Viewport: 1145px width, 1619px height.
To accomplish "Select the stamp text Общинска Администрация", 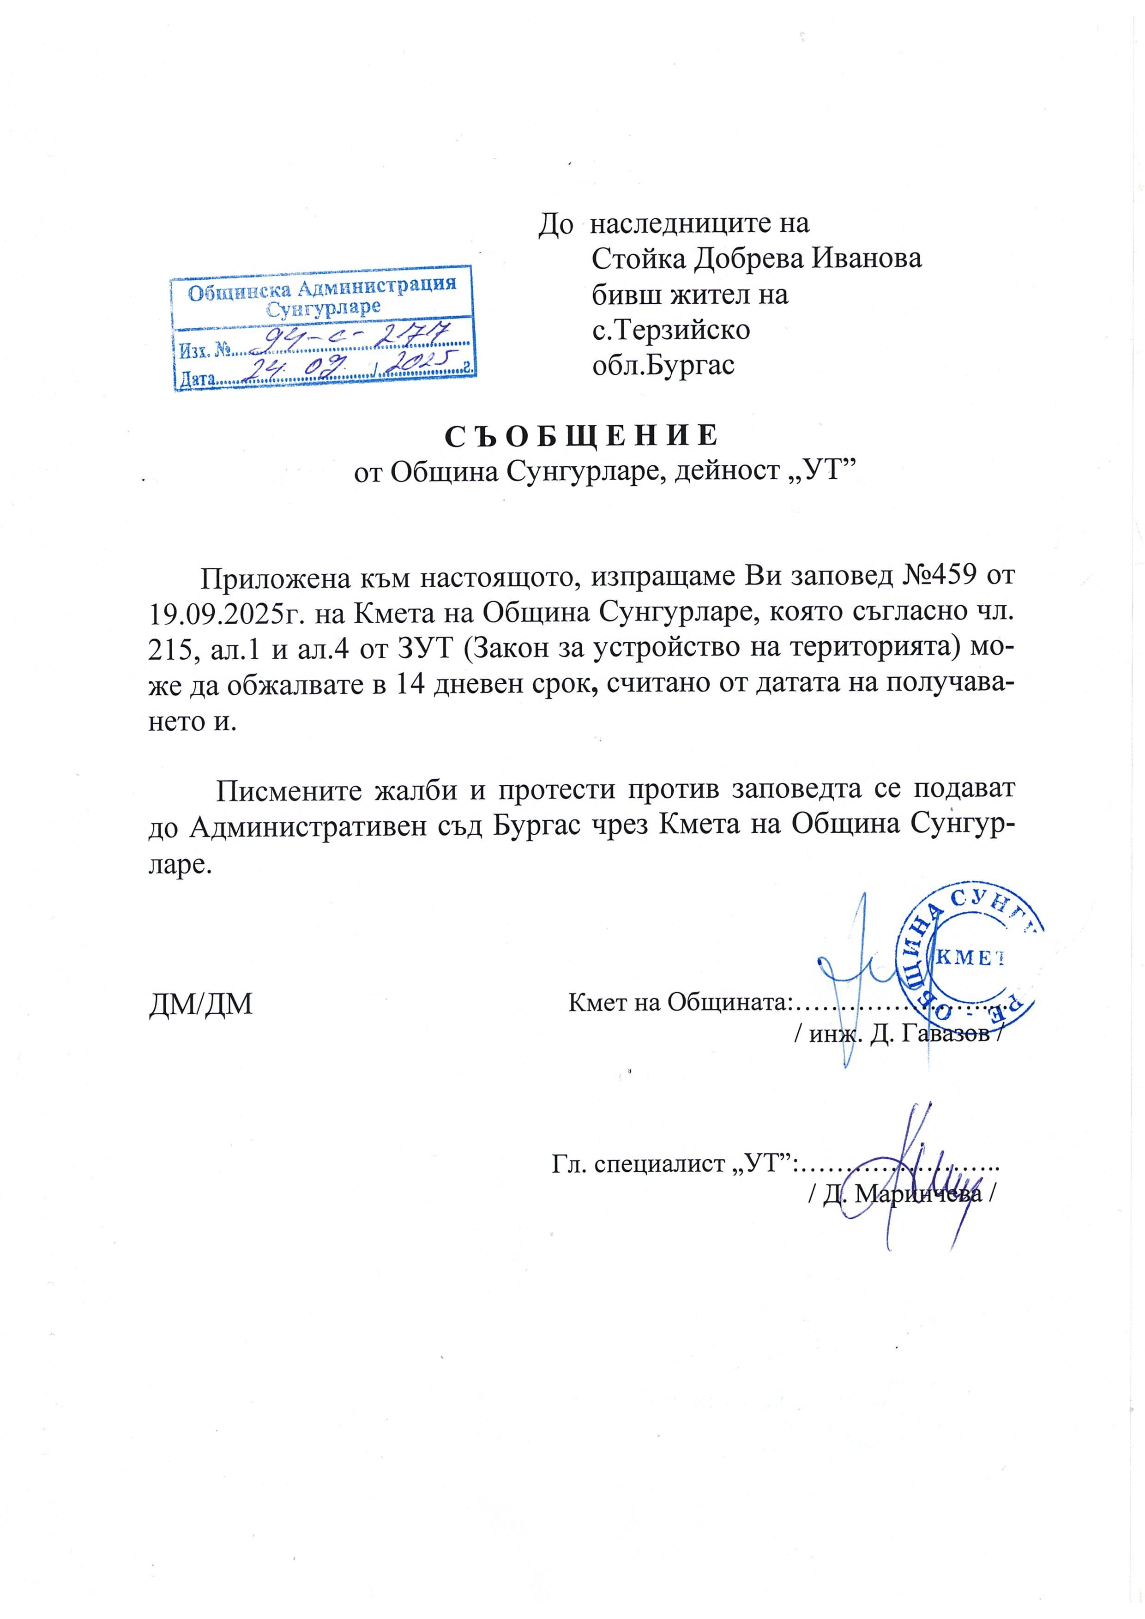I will pos(321,289).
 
